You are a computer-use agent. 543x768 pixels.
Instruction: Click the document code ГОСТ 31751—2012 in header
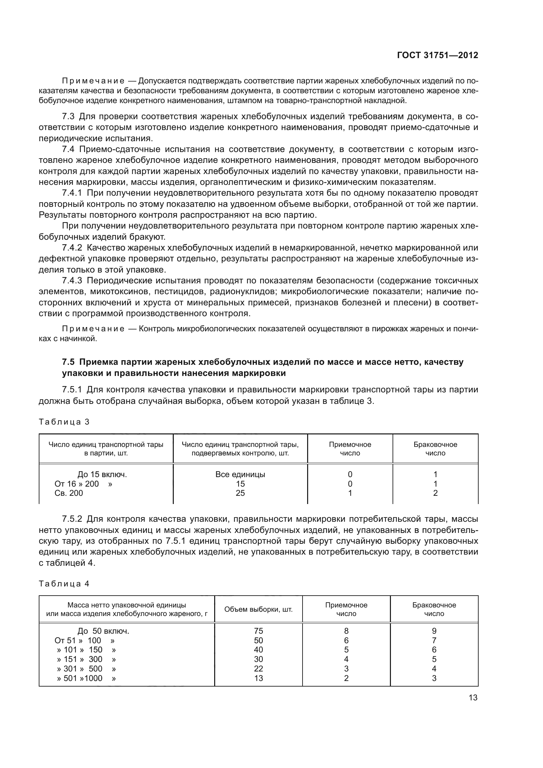[437, 55]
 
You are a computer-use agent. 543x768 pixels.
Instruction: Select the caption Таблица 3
[64, 422]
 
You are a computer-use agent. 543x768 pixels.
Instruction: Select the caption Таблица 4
[64, 584]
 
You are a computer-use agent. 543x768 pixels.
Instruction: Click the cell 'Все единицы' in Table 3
[240, 474]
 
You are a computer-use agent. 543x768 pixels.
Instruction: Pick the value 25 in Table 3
[240, 493]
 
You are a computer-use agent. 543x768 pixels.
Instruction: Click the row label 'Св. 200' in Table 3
[69, 493]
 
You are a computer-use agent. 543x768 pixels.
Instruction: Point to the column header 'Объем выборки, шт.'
[258, 609]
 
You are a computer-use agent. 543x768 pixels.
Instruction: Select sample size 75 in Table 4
[258, 631]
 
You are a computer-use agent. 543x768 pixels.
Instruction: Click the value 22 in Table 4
[258, 669]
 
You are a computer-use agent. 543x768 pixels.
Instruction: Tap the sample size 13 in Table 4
[258, 678]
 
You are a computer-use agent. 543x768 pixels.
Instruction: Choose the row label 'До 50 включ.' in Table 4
[103, 631]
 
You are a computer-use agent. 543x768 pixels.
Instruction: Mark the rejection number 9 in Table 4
[434, 631]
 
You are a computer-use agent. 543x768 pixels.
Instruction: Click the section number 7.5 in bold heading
[69, 362]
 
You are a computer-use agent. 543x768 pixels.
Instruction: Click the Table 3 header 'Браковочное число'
[435, 449]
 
